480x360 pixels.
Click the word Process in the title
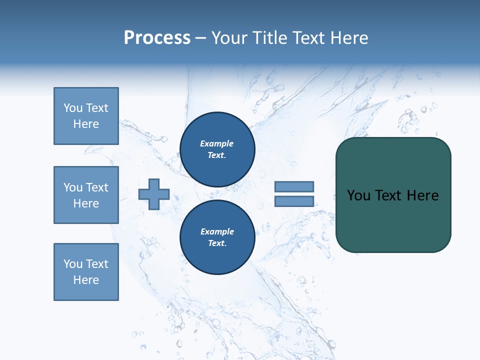[x=157, y=38]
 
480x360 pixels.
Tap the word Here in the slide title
[x=348, y=38]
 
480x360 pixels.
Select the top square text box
[x=86, y=116]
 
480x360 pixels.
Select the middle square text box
[x=86, y=195]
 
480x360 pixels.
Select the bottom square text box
[x=86, y=272]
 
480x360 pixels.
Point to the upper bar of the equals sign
[x=294, y=186]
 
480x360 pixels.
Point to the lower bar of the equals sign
[x=294, y=201]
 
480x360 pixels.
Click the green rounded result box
[x=393, y=220]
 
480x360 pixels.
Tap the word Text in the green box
[x=393, y=195]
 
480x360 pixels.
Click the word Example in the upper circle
[x=217, y=143]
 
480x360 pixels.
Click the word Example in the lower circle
[x=217, y=231]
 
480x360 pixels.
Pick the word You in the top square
[x=73, y=108]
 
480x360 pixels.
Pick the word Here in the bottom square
[x=86, y=280]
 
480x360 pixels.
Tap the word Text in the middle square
[x=96, y=187]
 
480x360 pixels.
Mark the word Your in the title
[x=229, y=38]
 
